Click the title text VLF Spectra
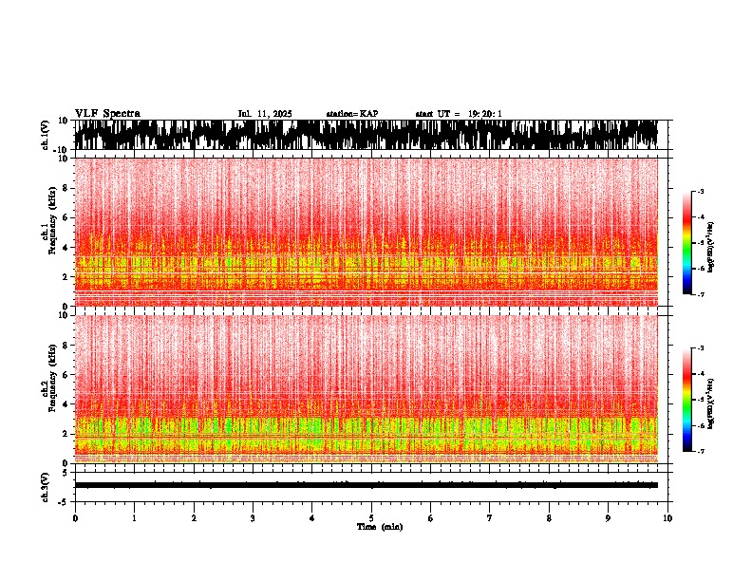pyautogui.click(x=107, y=113)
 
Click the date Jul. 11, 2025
pyautogui.click(x=264, y=114)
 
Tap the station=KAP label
pyautogui.click(x=351, y=114)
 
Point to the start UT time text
pyautogui.click(x=459, y=114)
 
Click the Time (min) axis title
pyautogui.click(x=380, y=526)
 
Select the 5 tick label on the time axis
pyautogui.click(x=371, y=517)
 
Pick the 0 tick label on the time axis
pyautogui.click(x=75, y=517)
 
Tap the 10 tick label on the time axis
pyautogui.click(x=667, y=517)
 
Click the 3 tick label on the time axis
pyautogui.click(x=253, y=517)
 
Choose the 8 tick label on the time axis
pyautogui.click(x=549, y=517)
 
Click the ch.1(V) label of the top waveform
pyautogui.click(x=46, y=135)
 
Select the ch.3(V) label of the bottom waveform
pyautogui.click(x=46, y=485)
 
